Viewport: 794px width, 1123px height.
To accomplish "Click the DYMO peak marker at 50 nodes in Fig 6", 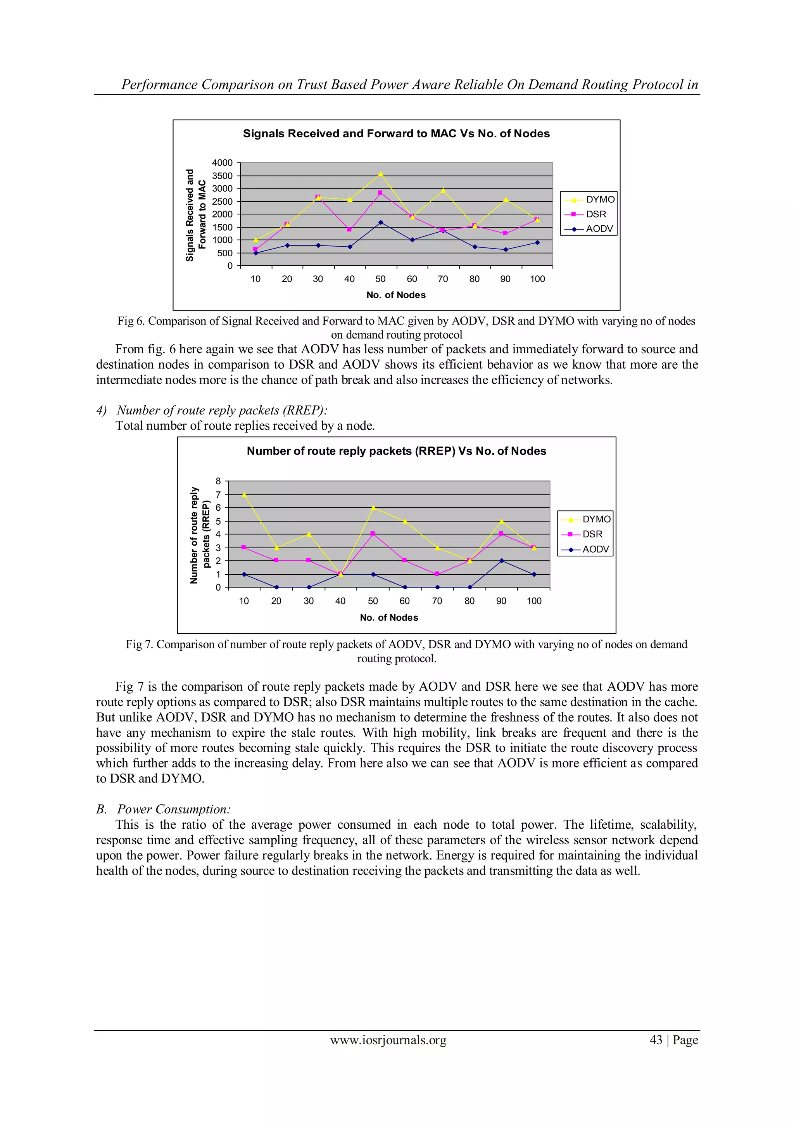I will tap(380, 174).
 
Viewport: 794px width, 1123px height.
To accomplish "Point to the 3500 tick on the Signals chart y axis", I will tap(222, 176).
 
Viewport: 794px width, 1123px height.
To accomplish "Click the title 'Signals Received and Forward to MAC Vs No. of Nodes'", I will tap(396, 133).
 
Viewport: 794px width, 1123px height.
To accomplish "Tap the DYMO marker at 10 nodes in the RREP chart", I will tap(244, 494).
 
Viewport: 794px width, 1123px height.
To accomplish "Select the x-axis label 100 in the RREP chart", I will tap(534, 601).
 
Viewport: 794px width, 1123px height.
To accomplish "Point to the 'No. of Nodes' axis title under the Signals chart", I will tap(396, 295).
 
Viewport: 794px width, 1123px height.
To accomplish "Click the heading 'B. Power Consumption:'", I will tap(163, 809).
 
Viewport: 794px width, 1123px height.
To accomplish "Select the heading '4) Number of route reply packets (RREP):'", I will tap(212, 410).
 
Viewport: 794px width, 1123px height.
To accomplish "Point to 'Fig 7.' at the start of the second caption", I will tap(140, 644).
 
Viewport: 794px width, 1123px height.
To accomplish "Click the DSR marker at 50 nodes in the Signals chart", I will tap(380, 193).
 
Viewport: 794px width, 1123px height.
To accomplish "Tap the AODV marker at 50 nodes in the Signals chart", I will tap(380, 223).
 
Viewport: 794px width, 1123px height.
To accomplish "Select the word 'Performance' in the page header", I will tap(159, 85).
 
